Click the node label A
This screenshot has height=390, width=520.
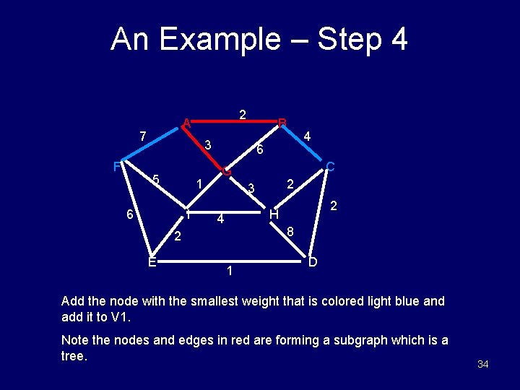pos(186,122)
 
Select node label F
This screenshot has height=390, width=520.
pos(117,167)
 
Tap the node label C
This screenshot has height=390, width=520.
pos(330,167)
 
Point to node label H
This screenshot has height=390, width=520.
pos(274,214)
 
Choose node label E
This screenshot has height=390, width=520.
pos(152,261)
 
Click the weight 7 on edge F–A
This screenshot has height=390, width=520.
pos(143,136)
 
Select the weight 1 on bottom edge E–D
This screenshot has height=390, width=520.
pos(229,272)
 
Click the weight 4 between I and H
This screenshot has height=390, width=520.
pos(222,219)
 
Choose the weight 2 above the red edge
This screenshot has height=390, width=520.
pos(243,114)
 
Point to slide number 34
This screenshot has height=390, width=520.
pos(483,364)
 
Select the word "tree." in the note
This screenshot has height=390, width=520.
pos(74,357)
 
